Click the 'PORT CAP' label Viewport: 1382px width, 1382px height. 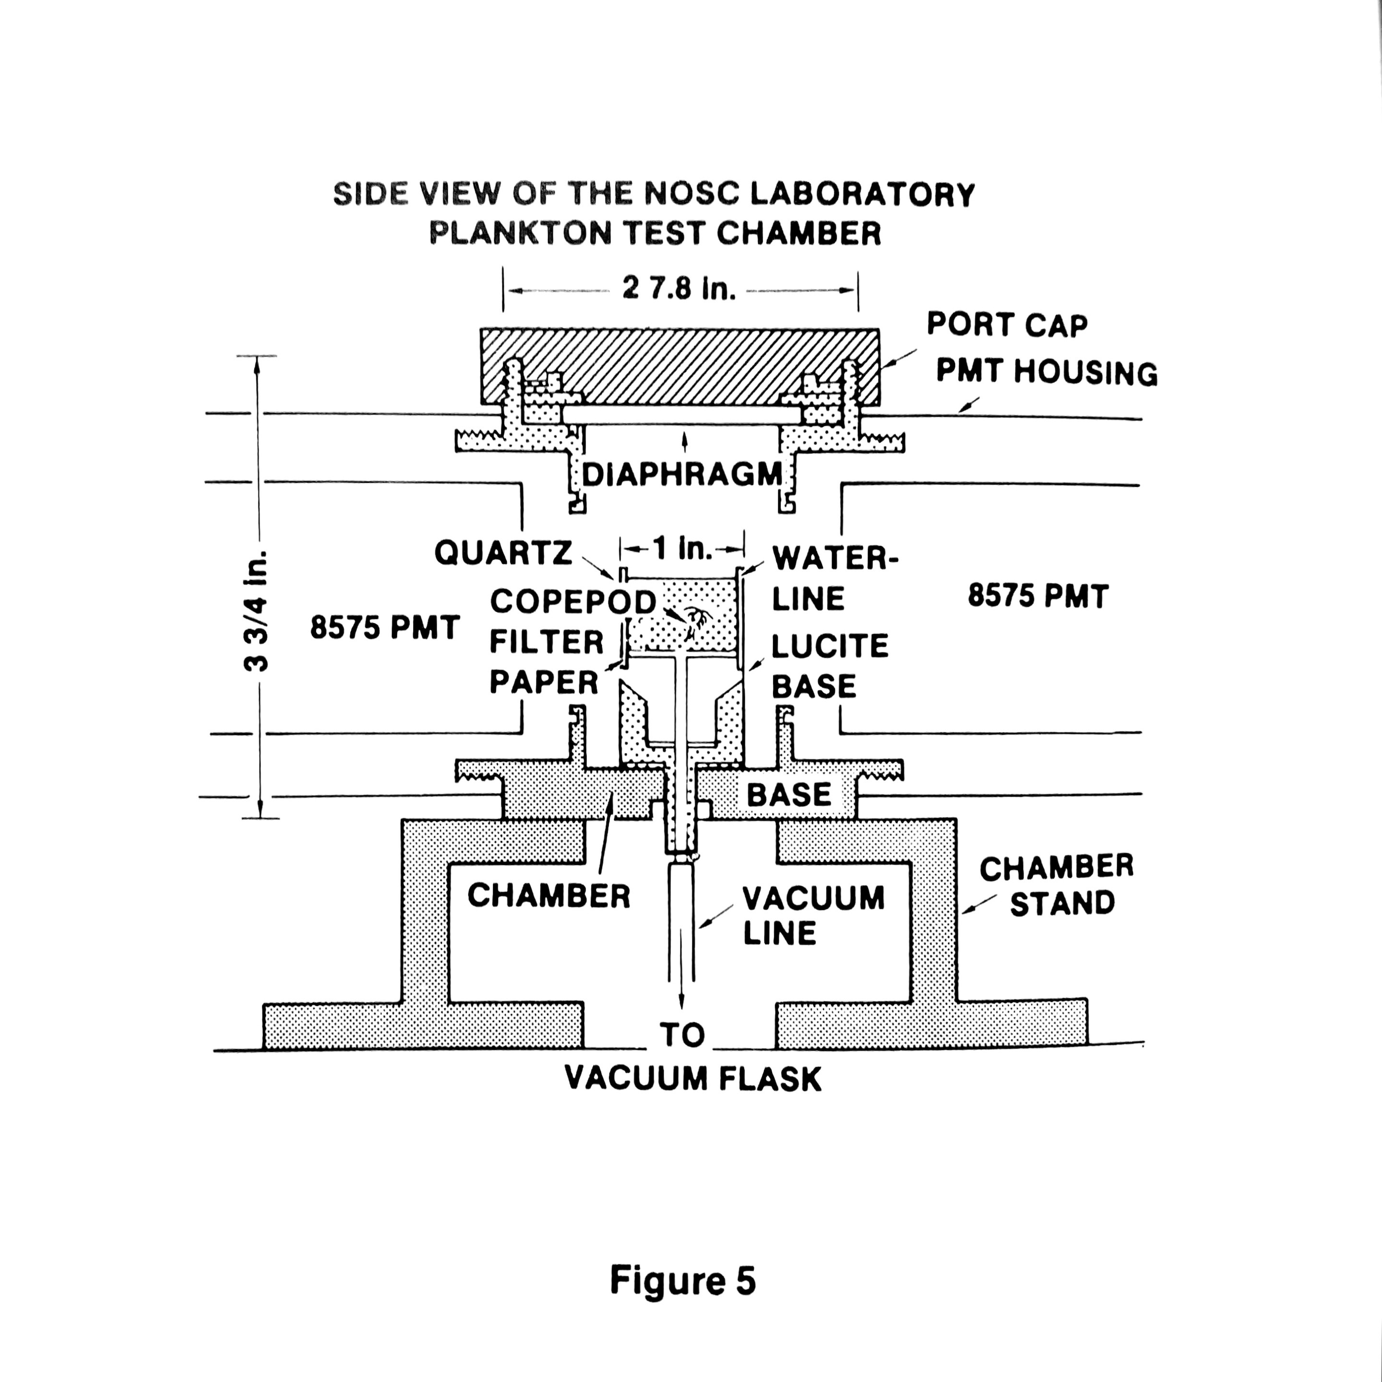click(1006, 325)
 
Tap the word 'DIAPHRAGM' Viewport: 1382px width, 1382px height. click(682, 474)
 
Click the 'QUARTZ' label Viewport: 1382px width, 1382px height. click(503, 552)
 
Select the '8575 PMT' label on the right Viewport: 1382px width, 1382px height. click(1038, 596)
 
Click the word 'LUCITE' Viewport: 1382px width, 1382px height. click(830, 646)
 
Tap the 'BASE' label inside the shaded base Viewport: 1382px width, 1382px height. click(789, 795)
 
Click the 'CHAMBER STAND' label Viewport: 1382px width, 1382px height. click(1057, 885)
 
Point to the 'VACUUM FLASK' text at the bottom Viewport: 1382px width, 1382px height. click(692, 1079)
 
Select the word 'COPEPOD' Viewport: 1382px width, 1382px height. click(573, 602)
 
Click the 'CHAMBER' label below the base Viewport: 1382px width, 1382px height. click(548, 895)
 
